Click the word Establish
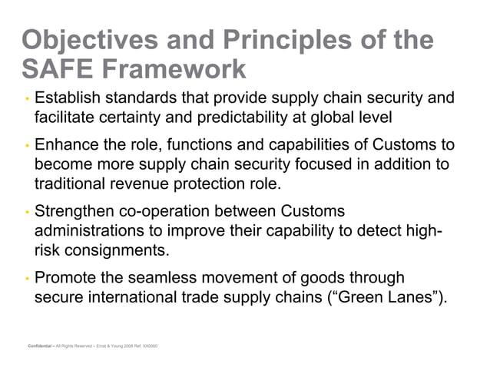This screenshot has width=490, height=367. (x=69, y=98)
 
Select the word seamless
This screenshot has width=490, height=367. (x=167, y=277)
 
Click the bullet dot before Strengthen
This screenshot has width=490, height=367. (x=27, y=213)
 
